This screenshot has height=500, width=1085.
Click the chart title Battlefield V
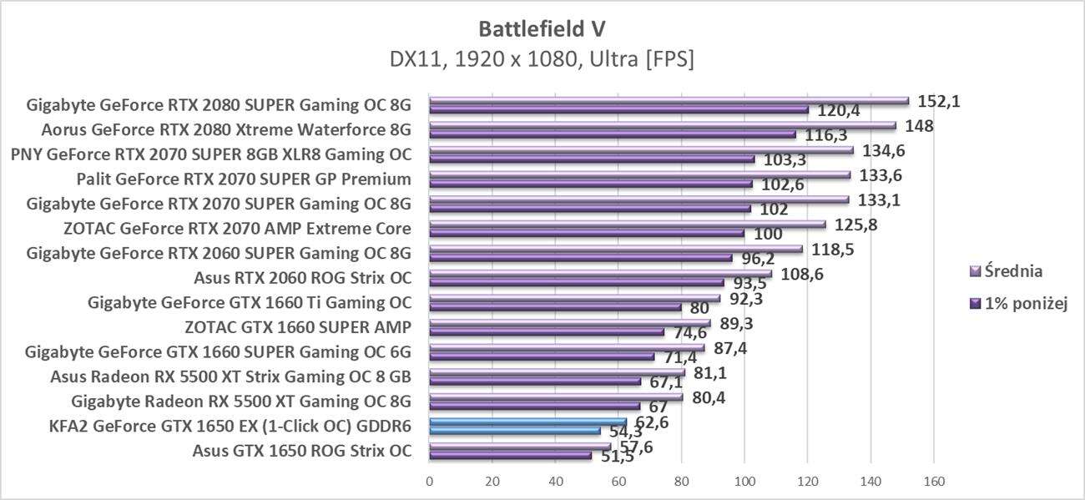[x=542, y=28]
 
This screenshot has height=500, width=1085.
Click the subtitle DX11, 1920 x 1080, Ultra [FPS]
[x=542, y=60]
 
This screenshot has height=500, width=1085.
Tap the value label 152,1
[x=938, y=100]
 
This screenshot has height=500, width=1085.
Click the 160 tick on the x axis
[x=933, y=481]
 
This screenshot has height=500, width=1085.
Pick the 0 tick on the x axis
[x=430, y=481]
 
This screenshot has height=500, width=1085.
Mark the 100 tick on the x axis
[x=744, y=481]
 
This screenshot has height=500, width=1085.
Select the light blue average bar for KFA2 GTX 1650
[x=527, y=422]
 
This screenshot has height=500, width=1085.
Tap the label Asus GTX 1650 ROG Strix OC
[x=301, y=451]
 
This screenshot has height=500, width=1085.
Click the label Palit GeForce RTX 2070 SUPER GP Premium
[x=244, y=179]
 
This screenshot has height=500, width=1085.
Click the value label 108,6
[x=800, y=273]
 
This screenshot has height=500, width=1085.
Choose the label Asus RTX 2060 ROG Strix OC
[x=302, y=277]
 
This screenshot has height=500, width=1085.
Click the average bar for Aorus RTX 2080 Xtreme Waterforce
[x=662, y=126]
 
